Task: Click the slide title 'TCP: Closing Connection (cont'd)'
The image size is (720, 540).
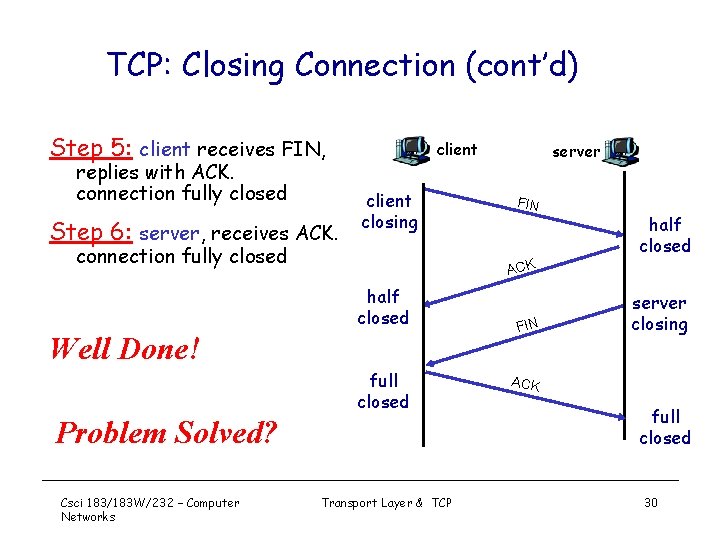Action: pyautogui.click(x=342, y=66)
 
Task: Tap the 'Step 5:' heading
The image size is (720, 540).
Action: pyautogui.click(x=91, y=149)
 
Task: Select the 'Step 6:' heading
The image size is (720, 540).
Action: pyautogui.click(x=91, y=232)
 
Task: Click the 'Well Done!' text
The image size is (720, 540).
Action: pyautogui.click(x=125, y=349)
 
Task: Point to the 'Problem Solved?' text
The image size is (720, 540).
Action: pyautogui.click(x=166, y=432)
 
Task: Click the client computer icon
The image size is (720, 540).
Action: pyautogui.click(x=412, y=149)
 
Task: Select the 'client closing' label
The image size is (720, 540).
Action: pyautogui.click(x=389, y=211)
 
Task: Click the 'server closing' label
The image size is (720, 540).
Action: pyautogui.click(x=659, y=313)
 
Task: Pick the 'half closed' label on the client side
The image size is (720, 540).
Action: pyautogui.click(x=383, y=307)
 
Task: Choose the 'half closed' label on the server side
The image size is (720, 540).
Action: pyautogui.click(x=665, y=235)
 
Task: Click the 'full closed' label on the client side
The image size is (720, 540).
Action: pyautogui.click(x=383, y=391)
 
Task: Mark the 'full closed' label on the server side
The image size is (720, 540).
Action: pyautogui.click(x=665, y=427)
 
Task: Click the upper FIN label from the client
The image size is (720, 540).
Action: pyautogui.click(x=528, y=205)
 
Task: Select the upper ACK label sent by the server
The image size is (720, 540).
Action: pyautogui.click(x=521, y=266)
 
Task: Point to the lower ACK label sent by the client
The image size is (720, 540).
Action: pyautogui.click(x=526, y=384)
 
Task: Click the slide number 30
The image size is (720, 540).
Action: pyautogui.click(x=651, y=502)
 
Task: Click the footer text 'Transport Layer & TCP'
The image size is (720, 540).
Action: pyautogui.click(x=386, y=502)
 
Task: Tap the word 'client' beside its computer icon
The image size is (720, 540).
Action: pyautogui.click(x=457, y=150)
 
